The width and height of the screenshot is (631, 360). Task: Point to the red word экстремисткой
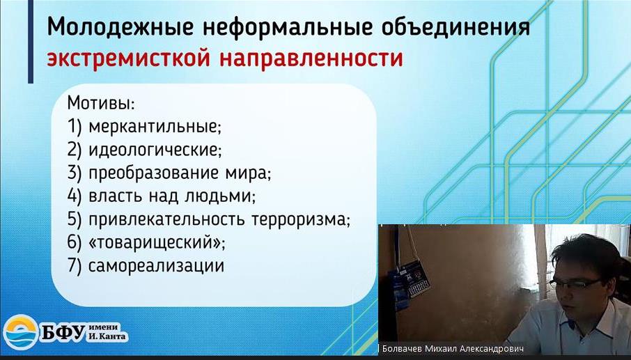point(128,58)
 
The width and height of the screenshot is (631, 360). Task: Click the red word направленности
point(311,58)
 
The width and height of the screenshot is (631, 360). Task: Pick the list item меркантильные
point(155,127)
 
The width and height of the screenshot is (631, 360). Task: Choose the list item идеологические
point(155,150)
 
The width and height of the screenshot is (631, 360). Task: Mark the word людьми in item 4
point(219,196)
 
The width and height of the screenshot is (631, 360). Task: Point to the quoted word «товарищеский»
point(156,242)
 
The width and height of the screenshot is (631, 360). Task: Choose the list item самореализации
point(156,266)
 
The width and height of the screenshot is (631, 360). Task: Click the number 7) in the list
point(75,266)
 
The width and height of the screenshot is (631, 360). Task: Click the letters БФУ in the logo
point(63,333)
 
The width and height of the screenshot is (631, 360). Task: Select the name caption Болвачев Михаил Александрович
point(453,348)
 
